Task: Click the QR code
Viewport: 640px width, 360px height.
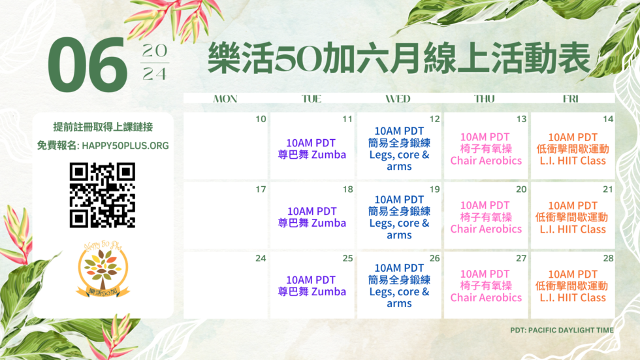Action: point(102,195)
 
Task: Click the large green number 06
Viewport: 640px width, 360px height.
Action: point(87,65)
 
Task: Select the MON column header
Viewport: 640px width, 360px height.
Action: point(225,99)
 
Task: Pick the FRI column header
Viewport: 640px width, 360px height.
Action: point(571,99)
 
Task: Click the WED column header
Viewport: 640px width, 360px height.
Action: point(398,99)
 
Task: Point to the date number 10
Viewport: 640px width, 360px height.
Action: point(261,119)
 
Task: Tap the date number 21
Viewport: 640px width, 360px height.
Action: point(608,189)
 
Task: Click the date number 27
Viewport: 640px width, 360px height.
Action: point(521,258)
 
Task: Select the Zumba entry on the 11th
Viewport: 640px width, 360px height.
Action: point(312,148)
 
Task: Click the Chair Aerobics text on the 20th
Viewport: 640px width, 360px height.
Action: point(486,229)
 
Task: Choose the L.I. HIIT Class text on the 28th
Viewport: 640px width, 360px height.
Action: point(573,297)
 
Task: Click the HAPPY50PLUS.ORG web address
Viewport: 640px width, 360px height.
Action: point(125,146)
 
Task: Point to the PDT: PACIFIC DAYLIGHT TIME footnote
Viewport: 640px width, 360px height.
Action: point(562,330)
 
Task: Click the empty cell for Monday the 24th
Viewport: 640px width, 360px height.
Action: point(226,285)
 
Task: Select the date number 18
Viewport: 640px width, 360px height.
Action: point(347,189)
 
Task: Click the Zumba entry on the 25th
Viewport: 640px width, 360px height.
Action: point(312,286)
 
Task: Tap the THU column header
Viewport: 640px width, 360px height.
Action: point(485,99)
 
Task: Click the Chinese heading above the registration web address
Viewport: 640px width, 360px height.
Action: point(103,127)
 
